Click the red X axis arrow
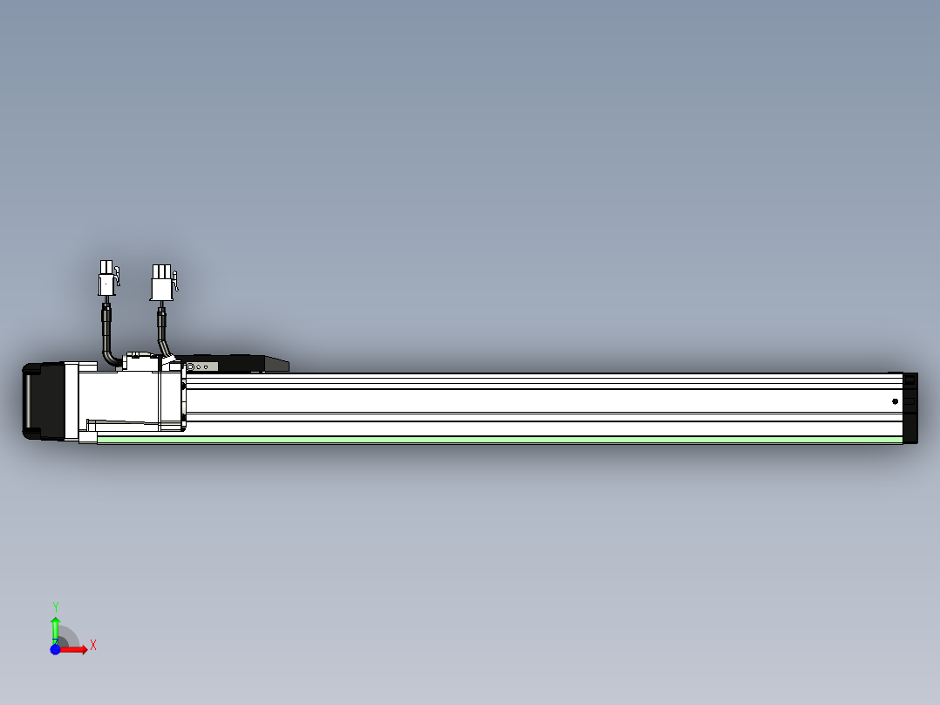point(77,649)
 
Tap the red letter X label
point(93,645)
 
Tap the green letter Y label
point(55,606)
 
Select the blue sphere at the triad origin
point(55,649)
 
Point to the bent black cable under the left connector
point(109,345)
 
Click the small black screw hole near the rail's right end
point(895,401)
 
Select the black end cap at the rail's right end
point(910,407)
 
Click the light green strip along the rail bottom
point(497,440)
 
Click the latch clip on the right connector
point(175,280)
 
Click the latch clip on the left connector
point(118,277)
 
